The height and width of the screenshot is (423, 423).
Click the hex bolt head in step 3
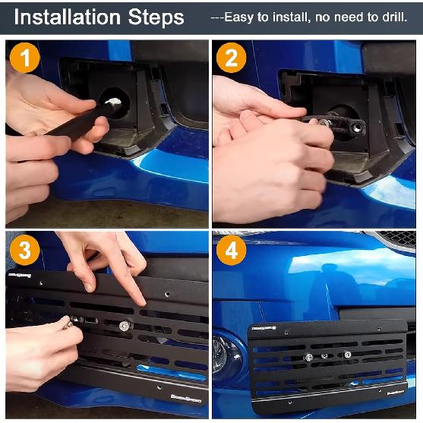pyautogui.click(x=124, y=326)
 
